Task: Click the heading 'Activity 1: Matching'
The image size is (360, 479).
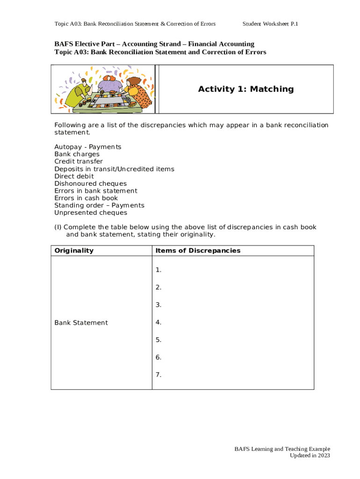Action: [245, 89]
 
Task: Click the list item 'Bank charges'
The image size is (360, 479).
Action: [77, 154]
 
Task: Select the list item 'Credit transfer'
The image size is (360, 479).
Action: [79, 161]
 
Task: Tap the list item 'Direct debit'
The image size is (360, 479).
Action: [74, 176]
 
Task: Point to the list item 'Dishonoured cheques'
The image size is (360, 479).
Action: [90, 183]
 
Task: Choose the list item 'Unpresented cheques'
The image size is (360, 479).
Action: [91, 212]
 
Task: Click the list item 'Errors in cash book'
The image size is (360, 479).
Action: [86, 198]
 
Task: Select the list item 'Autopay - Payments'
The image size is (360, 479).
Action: [87, 147]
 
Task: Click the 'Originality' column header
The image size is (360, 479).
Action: [74, 250]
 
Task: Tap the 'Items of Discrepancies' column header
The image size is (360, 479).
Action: [198, 250]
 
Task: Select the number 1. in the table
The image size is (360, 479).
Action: [158, 270]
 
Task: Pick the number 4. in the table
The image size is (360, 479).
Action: [158, 322]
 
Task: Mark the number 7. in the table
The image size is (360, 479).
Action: [158, 375]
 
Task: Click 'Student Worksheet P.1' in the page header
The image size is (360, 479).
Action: [270, 24]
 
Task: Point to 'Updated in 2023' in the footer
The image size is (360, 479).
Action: [310, 455]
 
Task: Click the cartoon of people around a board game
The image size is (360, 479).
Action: [104, 89]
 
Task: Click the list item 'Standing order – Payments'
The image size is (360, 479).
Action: [99, 205]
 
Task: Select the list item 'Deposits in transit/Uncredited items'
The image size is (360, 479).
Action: [114, 169]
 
